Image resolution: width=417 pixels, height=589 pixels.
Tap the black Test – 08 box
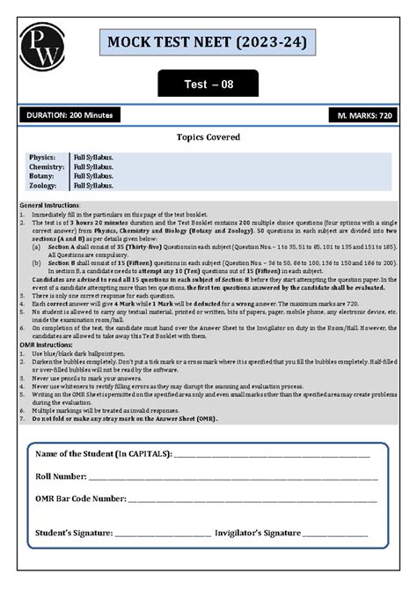pyautogui.click(x=208, y=85)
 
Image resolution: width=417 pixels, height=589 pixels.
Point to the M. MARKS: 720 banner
pyautogui.click(x=364, y=115)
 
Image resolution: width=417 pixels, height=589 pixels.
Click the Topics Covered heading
pyautogui.click(x=208, y=138)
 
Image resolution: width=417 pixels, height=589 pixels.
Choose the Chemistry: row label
pyautogui.click(x=46, y=166)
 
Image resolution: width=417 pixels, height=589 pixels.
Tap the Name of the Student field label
pyautogui.click(x=104, y=453)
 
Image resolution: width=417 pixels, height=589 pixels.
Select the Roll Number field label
pyautogui.click(x=59, y=475)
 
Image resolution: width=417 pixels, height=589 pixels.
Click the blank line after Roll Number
pyautogui.click(x=229, y=478)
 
